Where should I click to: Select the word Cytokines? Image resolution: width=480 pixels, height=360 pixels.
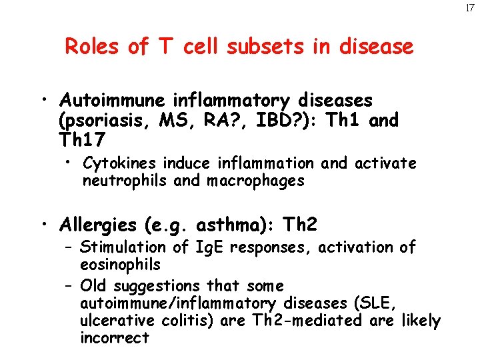click(116, 163)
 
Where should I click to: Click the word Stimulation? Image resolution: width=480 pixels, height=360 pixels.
click(119, 248)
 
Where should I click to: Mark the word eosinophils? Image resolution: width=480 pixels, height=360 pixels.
click(120, 265)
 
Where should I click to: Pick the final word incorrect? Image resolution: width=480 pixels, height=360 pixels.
click(115, 338)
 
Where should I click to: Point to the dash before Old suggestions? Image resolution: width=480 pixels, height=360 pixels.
click(69, 286)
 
